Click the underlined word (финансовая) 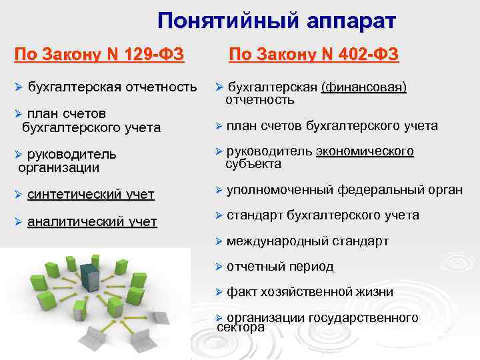click(x=363, y=87)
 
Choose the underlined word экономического click(x=365, y=151)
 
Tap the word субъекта click(x=253, y=164)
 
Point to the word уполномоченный click(x=280, y=190)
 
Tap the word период click(x=311, y=267)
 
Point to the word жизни click(x=376, y=292)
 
